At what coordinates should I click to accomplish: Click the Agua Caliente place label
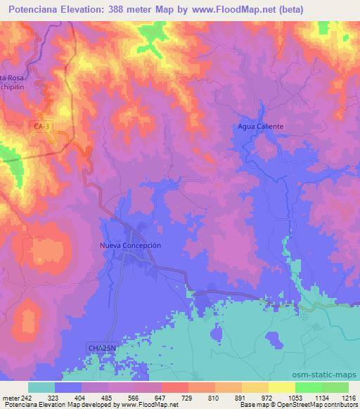point(260,126)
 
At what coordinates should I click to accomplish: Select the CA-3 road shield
point(42,126)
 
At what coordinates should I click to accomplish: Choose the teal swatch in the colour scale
point(41,387)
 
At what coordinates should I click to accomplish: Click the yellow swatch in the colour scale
point(282,387)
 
